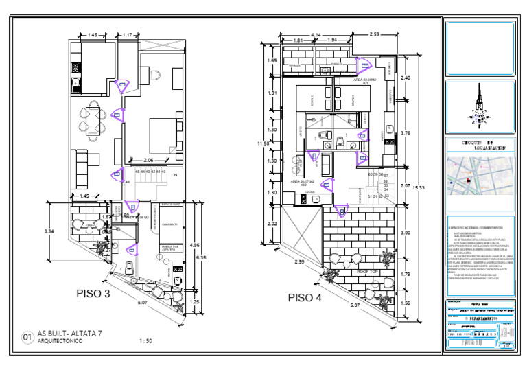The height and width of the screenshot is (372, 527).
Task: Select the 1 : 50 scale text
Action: click(145, 340)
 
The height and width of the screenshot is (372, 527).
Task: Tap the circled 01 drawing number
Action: click(28, 337)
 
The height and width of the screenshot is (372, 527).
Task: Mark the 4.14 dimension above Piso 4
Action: click(316, 34)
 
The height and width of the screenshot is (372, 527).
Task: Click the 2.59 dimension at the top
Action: click(374, 34)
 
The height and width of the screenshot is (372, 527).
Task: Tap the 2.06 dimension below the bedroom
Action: click(158, 159)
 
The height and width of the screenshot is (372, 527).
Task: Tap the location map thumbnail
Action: click(479, 176)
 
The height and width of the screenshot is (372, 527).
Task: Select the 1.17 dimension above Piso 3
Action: click(128, 34)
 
